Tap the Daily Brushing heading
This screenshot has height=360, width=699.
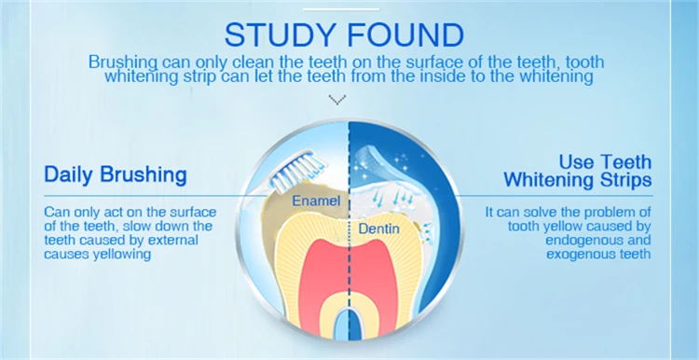(x=116, y=174)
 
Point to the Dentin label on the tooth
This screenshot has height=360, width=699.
(x=374, y=226)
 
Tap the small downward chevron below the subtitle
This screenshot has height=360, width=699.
(x=338, y=98)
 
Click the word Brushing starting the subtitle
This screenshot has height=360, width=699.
(x=122, y=62)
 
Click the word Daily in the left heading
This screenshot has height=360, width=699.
(x=70, y=174)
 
